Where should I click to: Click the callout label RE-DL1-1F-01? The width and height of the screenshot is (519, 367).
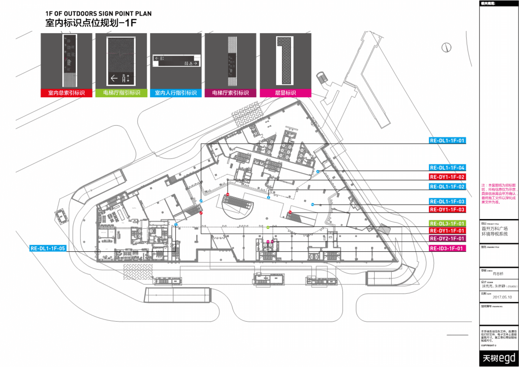point(447,141)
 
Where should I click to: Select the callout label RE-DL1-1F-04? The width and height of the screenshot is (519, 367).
point(447,168)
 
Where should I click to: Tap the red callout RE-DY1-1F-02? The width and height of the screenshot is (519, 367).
point(447,177)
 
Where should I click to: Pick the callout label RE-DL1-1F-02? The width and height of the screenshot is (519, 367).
point(447,187)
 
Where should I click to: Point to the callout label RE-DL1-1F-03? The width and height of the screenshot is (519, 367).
point(447,202)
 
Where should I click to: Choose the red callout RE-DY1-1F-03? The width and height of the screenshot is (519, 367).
point(447,209)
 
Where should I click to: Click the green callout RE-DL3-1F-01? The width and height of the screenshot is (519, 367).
point(447,224)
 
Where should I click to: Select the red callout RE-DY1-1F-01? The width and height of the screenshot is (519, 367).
point(447,231)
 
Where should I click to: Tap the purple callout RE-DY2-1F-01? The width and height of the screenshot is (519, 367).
point(447,238)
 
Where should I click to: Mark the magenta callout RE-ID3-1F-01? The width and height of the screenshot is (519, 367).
point(447,248)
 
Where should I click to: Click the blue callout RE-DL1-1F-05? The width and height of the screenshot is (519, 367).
point(48,248)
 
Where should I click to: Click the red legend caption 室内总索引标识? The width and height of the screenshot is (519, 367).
point(66,93)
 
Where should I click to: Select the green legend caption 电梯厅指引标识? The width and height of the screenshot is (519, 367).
point(121,93)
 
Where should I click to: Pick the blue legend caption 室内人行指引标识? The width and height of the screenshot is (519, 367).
point(176,93)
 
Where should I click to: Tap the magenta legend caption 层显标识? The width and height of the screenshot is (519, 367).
point(285,93)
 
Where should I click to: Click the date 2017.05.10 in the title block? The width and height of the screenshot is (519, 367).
point(502,297)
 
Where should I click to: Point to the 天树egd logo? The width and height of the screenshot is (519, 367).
point(499,358)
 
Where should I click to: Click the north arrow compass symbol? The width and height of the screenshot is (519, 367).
point(446,48)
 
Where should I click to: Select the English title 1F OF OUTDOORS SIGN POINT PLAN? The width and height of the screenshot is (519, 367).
point(98,14)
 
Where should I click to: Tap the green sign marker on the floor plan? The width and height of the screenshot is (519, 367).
point(268,227)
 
